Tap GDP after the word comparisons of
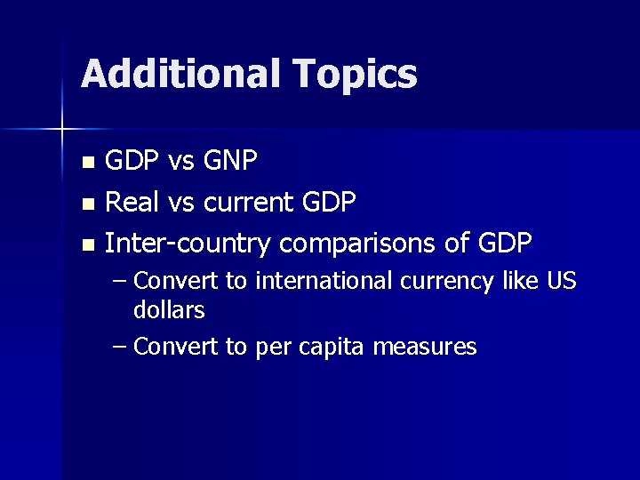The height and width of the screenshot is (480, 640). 504,243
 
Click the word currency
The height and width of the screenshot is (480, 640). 445,283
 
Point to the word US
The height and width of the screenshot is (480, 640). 561,282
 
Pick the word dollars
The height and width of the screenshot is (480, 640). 169,310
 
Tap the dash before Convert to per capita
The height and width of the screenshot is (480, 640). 121,347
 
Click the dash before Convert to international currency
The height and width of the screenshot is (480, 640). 121,282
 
